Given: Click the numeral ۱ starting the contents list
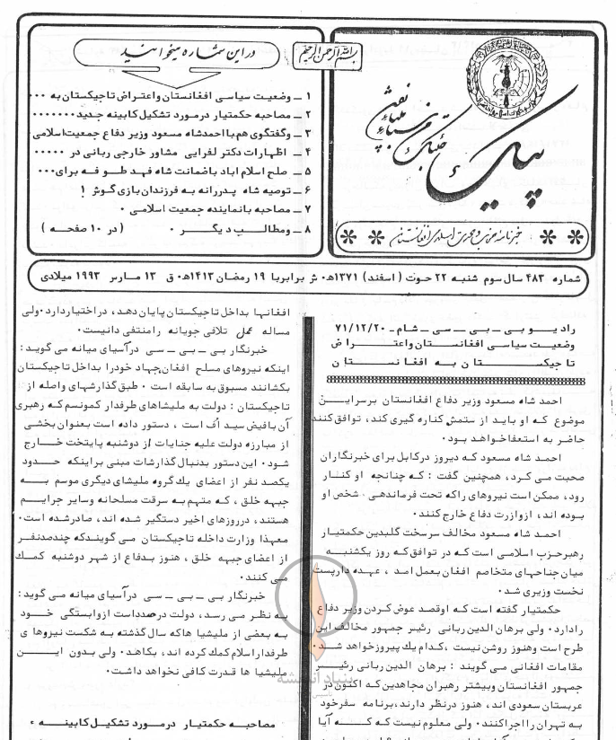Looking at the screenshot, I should [x=308, y=95].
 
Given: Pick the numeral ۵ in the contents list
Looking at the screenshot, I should [x=308, y=169].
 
